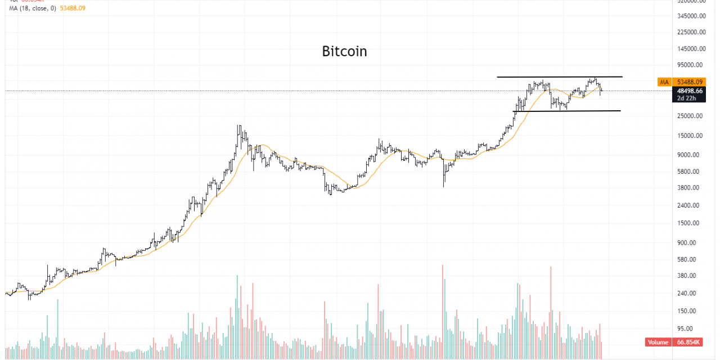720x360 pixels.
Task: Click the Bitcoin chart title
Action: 344,51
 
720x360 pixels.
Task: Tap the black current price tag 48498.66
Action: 690,91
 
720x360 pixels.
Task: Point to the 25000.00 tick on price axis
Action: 690,116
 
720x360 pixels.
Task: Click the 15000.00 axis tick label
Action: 690,136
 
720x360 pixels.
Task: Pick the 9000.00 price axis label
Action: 692,155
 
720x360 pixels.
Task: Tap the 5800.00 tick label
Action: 692,172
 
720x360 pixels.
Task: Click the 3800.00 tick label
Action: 692,188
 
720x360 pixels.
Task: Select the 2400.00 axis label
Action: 692,205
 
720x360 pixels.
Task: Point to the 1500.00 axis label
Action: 692,223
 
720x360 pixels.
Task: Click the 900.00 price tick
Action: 693,243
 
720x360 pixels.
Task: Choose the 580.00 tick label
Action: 693,260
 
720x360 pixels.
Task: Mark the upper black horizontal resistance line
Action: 560,76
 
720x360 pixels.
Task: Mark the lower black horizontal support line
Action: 568,111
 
